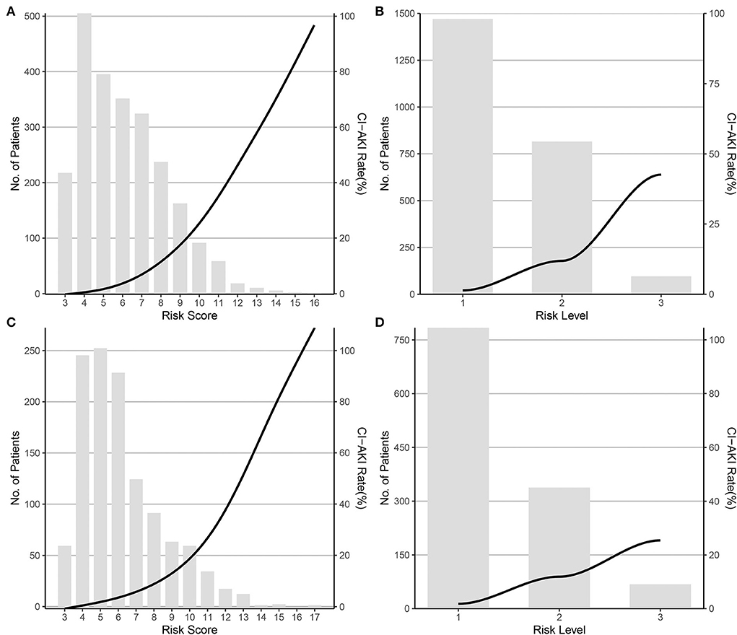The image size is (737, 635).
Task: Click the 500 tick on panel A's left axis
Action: (x=32, y=16)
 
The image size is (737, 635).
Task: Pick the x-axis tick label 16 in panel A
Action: (x=313, y=302)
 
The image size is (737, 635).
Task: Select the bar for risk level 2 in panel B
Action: (x=562, y=217)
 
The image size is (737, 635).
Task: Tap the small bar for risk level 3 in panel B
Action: (x=661, y=284)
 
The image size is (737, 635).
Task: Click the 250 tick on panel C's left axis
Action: (x=32, y=351)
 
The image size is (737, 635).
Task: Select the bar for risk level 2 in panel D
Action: (x=559, y=548)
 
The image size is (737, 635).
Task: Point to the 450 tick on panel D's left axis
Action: (x=409, y=447)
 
